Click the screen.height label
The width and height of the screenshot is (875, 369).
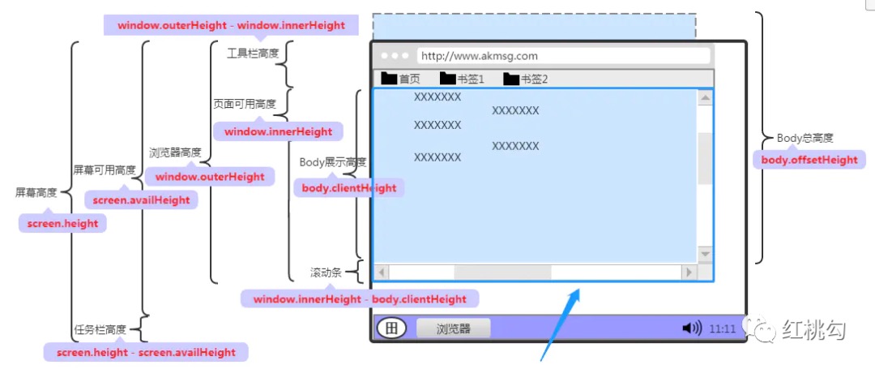[62, 224]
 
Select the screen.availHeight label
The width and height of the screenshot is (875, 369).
[141, 200]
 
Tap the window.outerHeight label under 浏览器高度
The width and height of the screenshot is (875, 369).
[210, 177]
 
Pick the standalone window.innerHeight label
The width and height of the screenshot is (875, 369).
[278, 131]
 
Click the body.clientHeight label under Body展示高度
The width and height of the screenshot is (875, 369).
[349, 188]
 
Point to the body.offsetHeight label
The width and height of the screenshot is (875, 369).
[809, 160]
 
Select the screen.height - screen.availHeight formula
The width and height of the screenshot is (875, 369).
[146, 352]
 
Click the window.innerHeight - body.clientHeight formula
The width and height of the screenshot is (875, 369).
[360, 298]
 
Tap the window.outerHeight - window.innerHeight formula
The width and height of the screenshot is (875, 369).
[231, 25]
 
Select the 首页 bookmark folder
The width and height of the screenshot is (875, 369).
[400, 79]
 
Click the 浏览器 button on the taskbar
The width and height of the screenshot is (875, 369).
[453, 328]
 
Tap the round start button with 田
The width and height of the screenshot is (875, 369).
[391, 328]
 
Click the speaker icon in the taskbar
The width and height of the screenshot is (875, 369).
[691, 328]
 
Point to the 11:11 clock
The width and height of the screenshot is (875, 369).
[723, 329]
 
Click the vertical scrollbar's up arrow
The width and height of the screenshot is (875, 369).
[705, 98]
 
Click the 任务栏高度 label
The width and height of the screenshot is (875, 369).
[100, 329]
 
